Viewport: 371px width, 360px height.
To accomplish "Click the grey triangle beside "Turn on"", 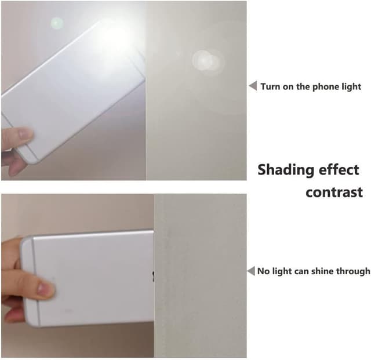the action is [253, 86].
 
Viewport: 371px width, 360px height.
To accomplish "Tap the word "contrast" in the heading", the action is [334, 192].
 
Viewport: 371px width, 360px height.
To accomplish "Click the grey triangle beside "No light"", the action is [251, 271].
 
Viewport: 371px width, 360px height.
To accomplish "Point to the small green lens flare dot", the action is [57, 23].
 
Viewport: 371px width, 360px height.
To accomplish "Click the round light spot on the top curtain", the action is [206, 61].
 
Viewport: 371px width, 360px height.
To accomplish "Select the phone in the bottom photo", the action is [87, 278].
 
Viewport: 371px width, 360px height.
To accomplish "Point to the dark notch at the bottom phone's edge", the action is [153, 276].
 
